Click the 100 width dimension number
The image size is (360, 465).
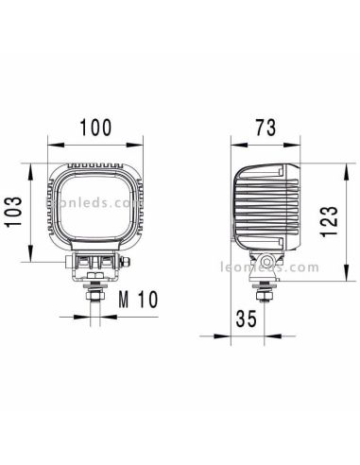point(95,126)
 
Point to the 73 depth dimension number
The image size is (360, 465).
point(266,126)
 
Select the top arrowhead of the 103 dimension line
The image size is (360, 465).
point(31,164)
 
